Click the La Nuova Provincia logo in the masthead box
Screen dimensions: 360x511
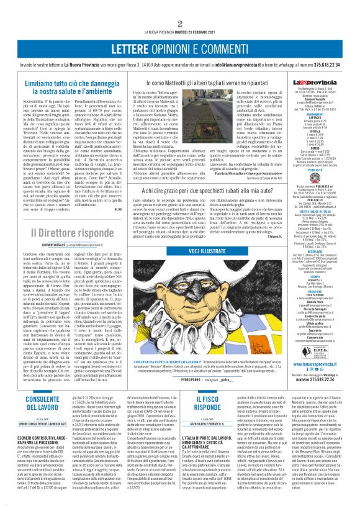(322, 83)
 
